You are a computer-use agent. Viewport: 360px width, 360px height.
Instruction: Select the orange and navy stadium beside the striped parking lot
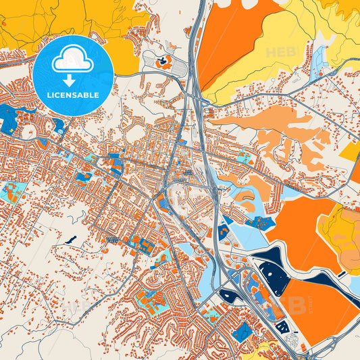(163, 62)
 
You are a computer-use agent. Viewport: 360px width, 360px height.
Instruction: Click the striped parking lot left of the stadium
(178, 68)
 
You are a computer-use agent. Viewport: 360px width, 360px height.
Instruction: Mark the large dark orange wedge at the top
(233, 37)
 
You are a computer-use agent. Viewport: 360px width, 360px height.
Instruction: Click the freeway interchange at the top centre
(196, 88)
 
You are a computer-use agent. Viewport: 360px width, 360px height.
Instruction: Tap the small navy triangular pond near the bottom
(283, 326)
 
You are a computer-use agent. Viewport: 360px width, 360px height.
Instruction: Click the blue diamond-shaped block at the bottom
(240, 331)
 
